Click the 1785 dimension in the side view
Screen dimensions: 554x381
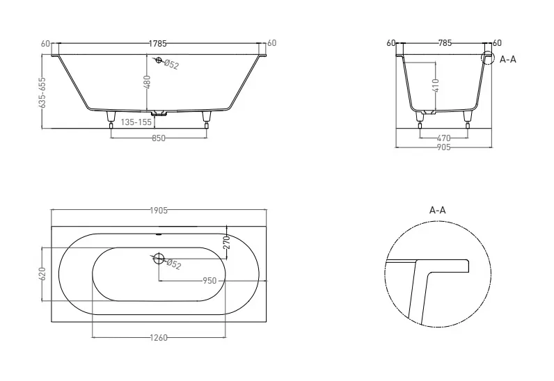(x=157, y=44)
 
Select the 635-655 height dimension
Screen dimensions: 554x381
(x=42, y=92)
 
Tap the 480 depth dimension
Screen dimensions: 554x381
(x=148, y=82)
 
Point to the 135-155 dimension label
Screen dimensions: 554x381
(x=136, y=122)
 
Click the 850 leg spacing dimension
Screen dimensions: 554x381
(x=159, y=138)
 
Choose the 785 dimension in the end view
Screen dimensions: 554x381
(x=445, y=42)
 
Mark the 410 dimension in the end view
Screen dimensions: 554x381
(x=436, y=86)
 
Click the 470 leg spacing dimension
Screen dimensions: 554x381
(x=444, y=138)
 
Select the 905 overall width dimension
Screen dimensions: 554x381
(x=444, y=147)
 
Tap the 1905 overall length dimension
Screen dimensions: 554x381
(x=159, y=211)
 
